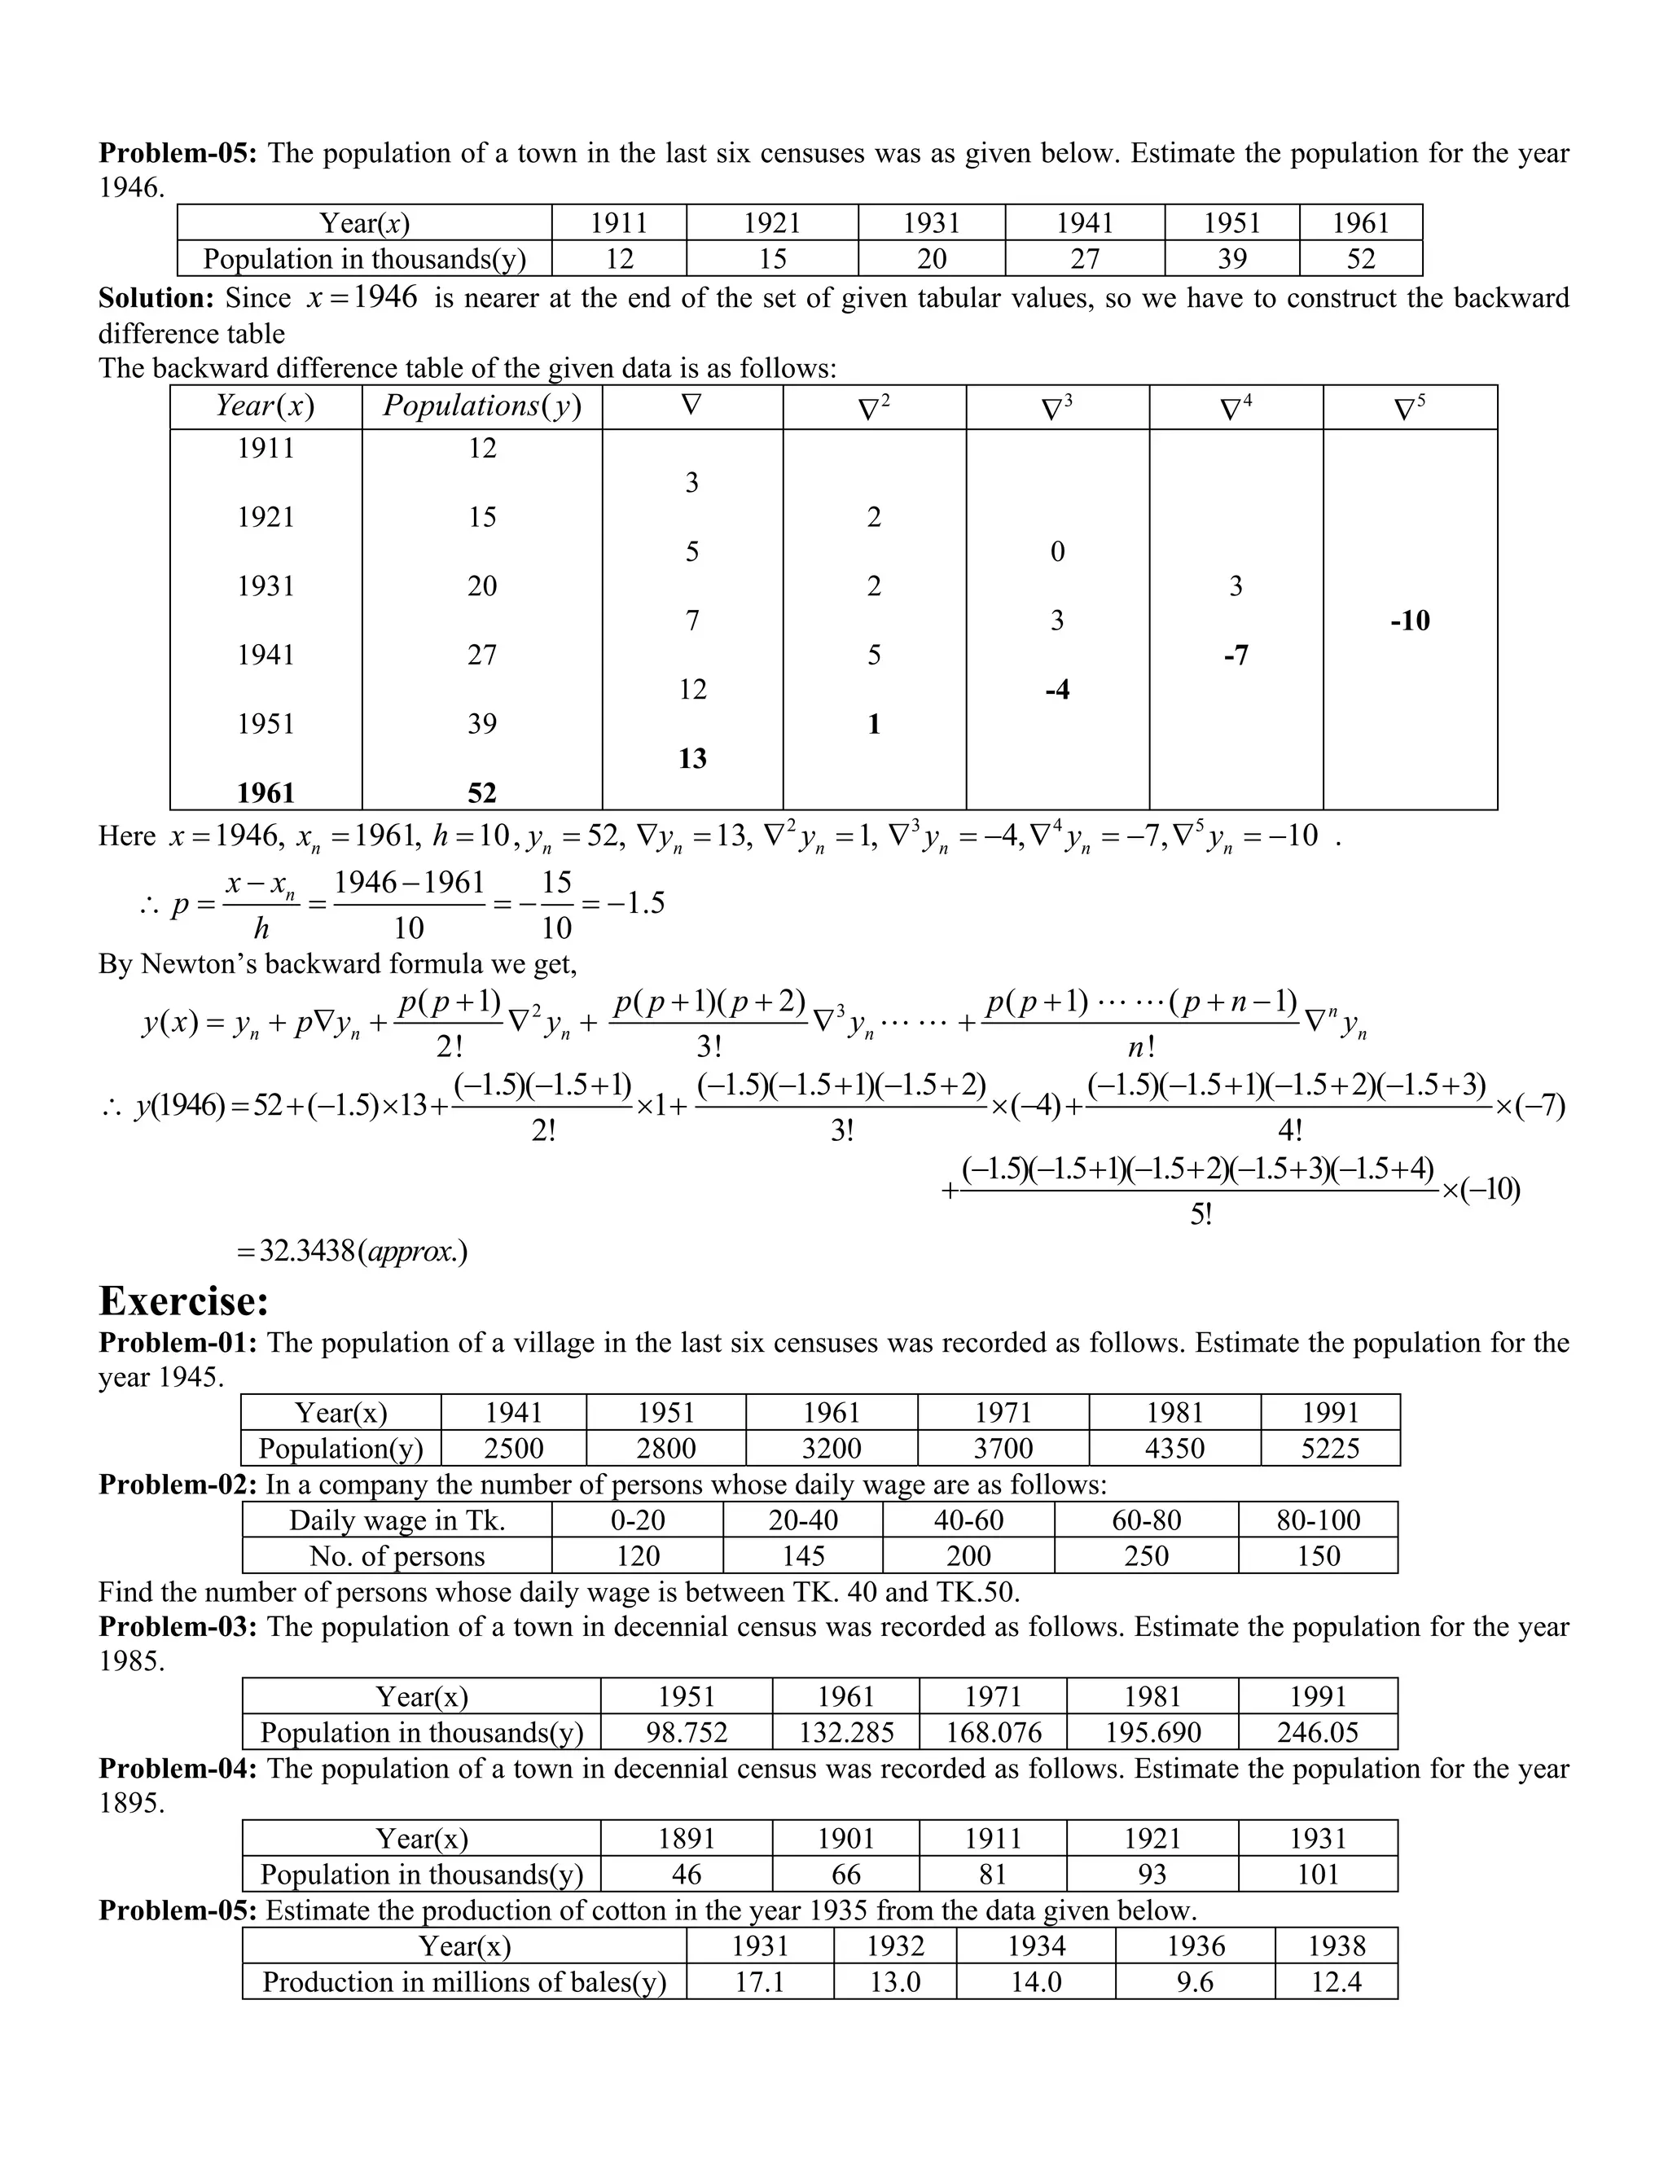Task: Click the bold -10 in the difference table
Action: point(1409,621)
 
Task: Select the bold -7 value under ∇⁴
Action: point(1236,655)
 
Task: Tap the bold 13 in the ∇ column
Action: point(693,758)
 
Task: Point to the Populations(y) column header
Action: point(482,406)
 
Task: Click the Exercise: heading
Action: point(184,1301)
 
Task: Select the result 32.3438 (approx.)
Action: point(352,1251)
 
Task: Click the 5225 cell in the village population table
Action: point(1330,1449)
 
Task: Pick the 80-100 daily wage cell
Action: point(1319,1520)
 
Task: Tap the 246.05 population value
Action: point(1319,1732)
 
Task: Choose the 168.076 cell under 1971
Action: point(993,1732)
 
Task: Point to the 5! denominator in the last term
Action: point(1201,1214)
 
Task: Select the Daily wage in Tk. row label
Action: point(397,1520)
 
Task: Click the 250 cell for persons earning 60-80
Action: point(1146,1555)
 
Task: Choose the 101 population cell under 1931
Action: point(1319,1875)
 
